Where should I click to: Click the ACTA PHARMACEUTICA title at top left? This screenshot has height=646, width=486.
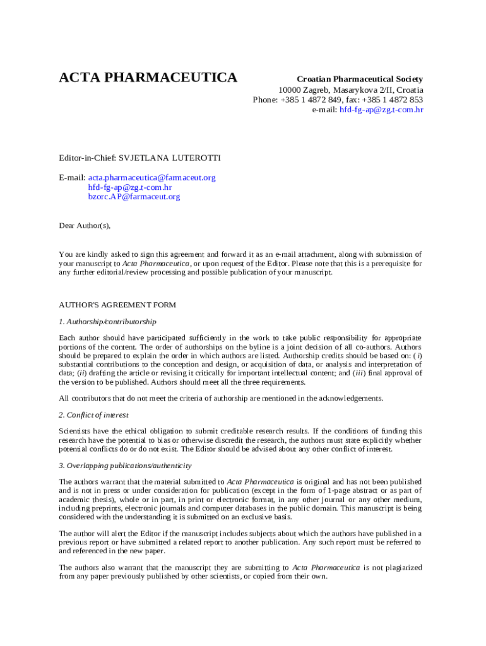pos(148,78)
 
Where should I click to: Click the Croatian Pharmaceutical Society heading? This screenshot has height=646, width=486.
pos(360,79)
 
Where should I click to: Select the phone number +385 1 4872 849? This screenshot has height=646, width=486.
pos(309,100)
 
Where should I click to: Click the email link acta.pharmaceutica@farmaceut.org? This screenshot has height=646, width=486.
pos(151,177)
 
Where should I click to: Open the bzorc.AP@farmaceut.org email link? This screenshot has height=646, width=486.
pos(134,196)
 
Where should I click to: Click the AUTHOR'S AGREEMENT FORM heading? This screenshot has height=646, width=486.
pos(117,305)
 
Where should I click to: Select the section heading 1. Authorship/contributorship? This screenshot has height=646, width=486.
pos(107,322)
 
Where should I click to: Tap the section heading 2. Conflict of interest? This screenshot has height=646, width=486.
pos(93,415)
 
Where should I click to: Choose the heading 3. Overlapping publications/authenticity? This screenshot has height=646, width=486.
pos(125,466)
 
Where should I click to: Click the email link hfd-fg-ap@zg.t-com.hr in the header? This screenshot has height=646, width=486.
pos(381,109)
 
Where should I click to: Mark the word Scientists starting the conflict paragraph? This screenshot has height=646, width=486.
pos(76,431)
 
